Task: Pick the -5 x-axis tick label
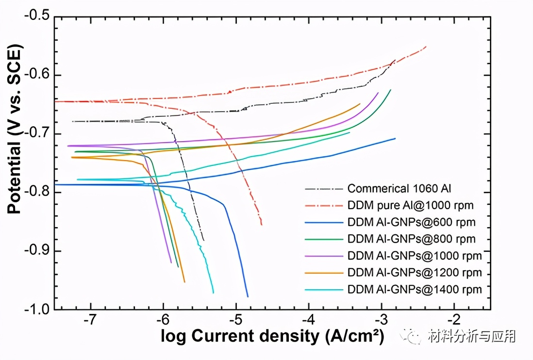click(x=235, y=321)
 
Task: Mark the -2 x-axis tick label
click(x=453, y=321)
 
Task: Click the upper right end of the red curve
click(x=426, y=47)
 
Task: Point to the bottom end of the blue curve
click(x=248, y=296)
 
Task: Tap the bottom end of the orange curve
click(x=184, y=282)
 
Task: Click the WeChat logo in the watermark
click(x=416, y=335)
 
